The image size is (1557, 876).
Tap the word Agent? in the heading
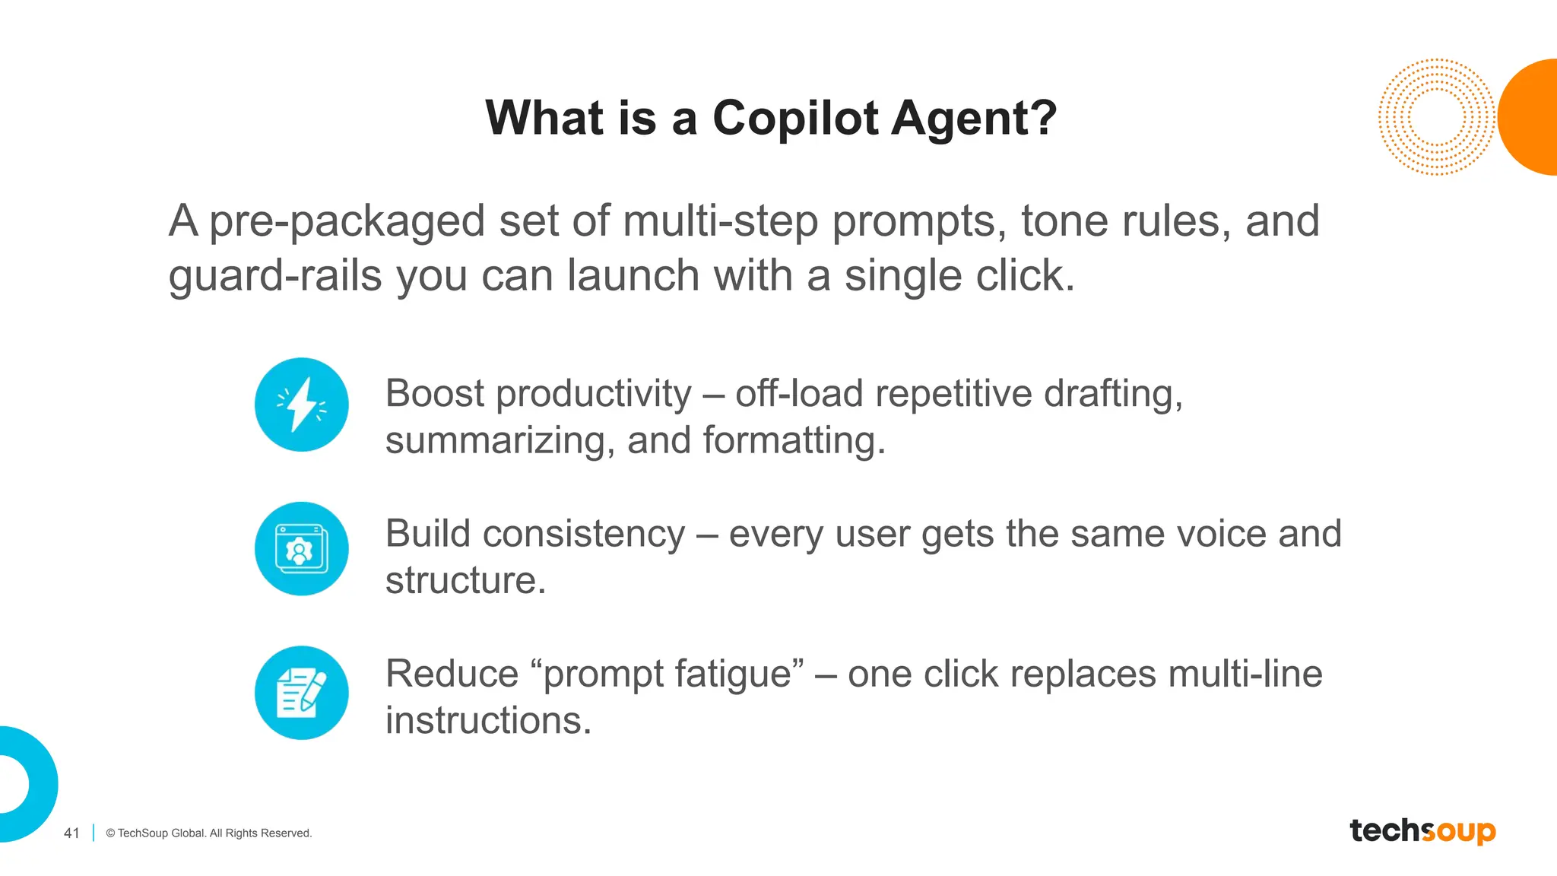pyautogui.click(x=975, y=119)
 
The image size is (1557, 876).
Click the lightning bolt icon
pyautogui.click(x=302, y=405)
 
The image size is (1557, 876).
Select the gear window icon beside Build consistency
pyautogui.click(x=302, y=548)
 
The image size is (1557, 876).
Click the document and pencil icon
pyautogui.click(x=302, y=693)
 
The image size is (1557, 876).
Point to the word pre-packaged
pyautogui.click(x=347, y=222)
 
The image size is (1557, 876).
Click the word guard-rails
pyautogui.click(x=274, y=276)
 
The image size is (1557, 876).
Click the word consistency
pyautogui.click(x=583, y=534)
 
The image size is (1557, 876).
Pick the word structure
pyautogui.click(x=465, y=581)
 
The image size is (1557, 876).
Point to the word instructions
pyautogui.click(x=487, y=720)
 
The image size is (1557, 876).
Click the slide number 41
pyautogui.click(x=71, y=833)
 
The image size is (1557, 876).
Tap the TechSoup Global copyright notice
pyautogui.click(x=209, y=833)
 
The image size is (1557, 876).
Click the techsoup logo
pyautogui.click(x=1422, y=830)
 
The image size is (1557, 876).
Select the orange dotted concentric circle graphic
pyautogui.click(x=1435, y=117)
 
